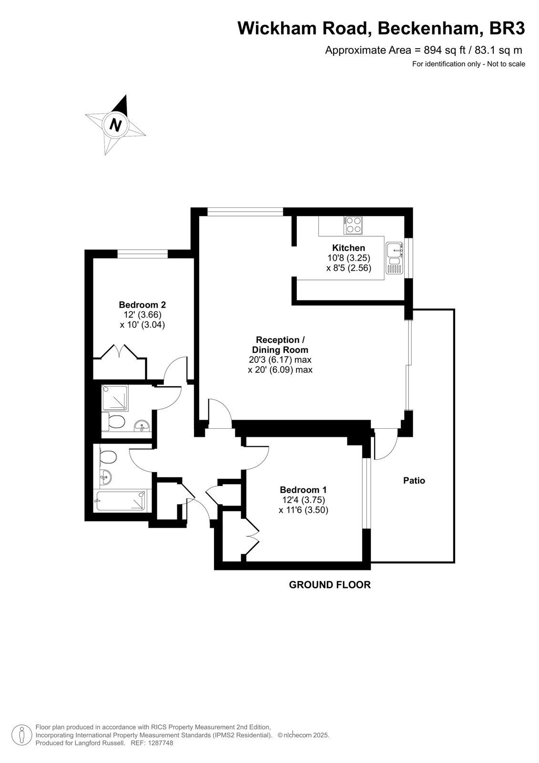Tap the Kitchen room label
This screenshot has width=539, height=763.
point(348,247)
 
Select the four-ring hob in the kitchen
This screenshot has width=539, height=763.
point(353,225)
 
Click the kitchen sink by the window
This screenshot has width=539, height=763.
point(394,258)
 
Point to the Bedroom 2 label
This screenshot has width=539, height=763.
point(142,305)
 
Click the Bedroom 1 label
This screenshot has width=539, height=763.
point(303,490)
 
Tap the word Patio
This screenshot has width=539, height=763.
point(414,481)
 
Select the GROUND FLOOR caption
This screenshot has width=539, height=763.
point(330,585)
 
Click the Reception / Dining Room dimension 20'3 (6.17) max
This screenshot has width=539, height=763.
point(280,360)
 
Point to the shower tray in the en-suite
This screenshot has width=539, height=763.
point(115,398)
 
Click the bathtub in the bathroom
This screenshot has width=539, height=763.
point(121,501)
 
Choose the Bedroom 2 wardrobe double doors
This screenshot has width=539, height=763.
point(120,351)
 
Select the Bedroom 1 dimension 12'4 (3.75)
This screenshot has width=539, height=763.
point(304,500)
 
